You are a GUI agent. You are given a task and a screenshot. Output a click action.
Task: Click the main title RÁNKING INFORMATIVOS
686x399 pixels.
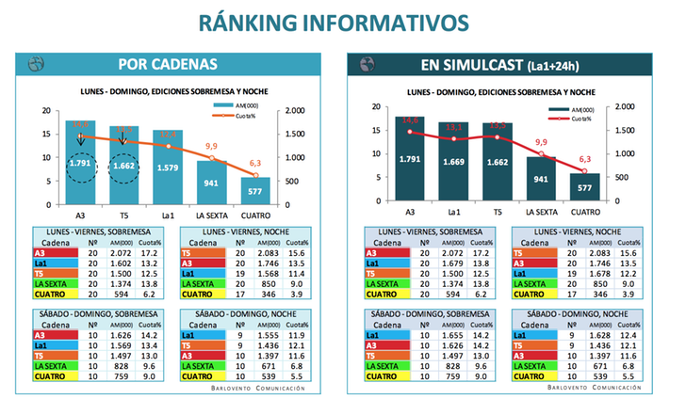point(342,22)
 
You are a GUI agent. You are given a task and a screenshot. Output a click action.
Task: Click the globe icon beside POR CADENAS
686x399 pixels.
point(37,64)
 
